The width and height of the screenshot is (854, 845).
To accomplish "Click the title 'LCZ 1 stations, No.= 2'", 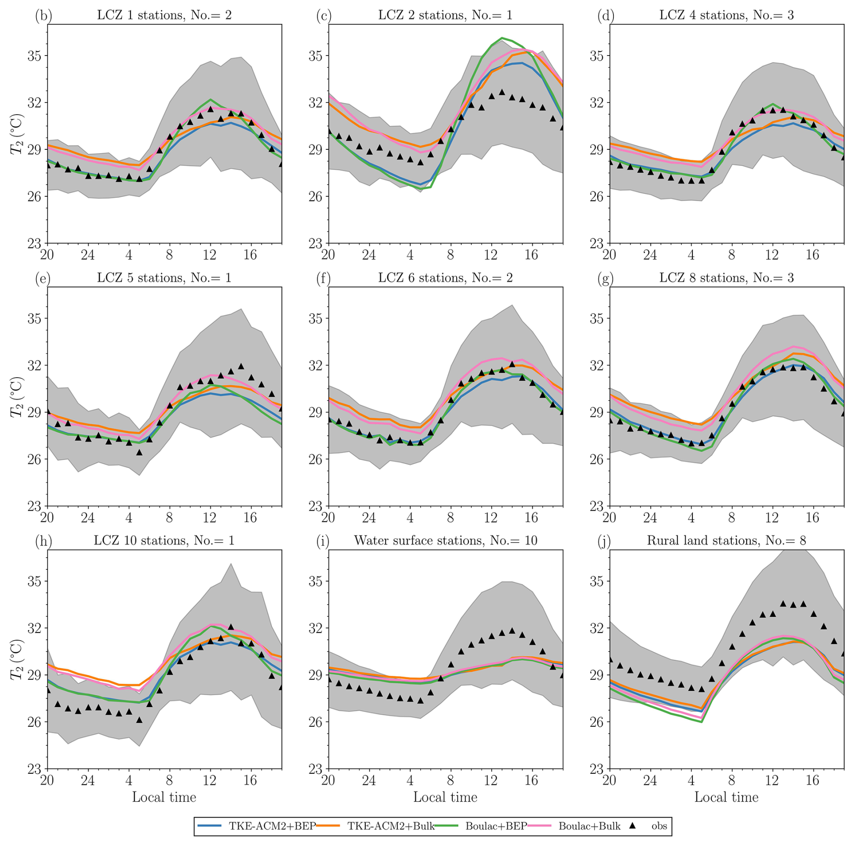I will (x=164, y=15).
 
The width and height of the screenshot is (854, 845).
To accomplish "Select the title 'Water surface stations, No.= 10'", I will (x=446, y=540).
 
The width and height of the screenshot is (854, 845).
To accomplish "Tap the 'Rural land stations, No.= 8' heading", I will (x=726, y=540).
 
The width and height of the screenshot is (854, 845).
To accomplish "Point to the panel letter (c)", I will (x=324, y=16).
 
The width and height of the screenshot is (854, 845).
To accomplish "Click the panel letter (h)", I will (x=43, y=541).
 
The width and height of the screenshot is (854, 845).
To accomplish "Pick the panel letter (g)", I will (x=605, y=278).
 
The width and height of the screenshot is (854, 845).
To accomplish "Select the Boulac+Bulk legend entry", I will (x=589, y=826).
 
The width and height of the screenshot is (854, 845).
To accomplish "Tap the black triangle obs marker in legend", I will (x=633, y=826).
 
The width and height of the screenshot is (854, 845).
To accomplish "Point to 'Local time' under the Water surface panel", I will (x=446, y=797).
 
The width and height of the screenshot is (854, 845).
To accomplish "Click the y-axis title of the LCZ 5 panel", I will (x=17, y=397).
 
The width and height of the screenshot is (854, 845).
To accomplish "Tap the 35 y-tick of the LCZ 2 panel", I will (x=315, y=56).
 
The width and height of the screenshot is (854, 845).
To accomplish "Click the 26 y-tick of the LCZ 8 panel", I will (x=596, y=459).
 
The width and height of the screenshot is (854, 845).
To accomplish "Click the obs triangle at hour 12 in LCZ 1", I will (x=210, y=109).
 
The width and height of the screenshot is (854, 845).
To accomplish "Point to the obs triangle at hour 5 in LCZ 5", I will (x=139, y=452).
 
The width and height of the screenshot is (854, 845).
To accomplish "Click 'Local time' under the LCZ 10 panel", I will (x=164, y=797).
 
